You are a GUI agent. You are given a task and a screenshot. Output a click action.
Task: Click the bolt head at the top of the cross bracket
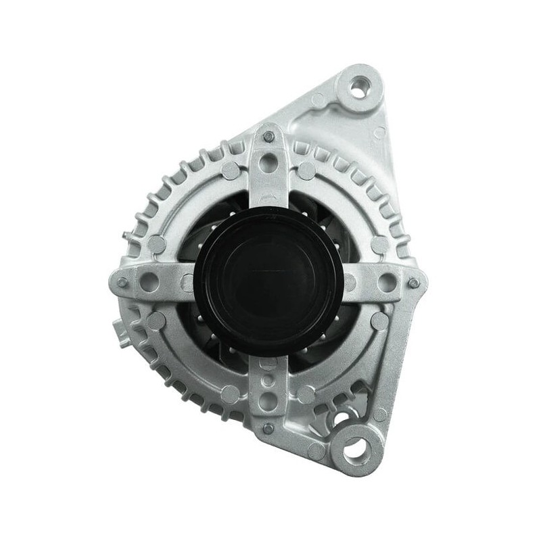click(x=268, y=137)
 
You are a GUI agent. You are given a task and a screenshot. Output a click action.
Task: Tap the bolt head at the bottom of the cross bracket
click(x=268, y=427)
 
